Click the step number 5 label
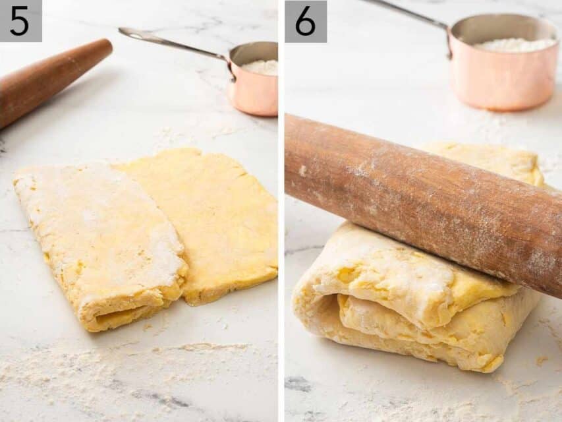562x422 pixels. coord(20,20)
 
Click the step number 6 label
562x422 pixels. coord(305,21)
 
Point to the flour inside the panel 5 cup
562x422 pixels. coord(262,67)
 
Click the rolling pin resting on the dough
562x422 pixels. coord(422,198)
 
